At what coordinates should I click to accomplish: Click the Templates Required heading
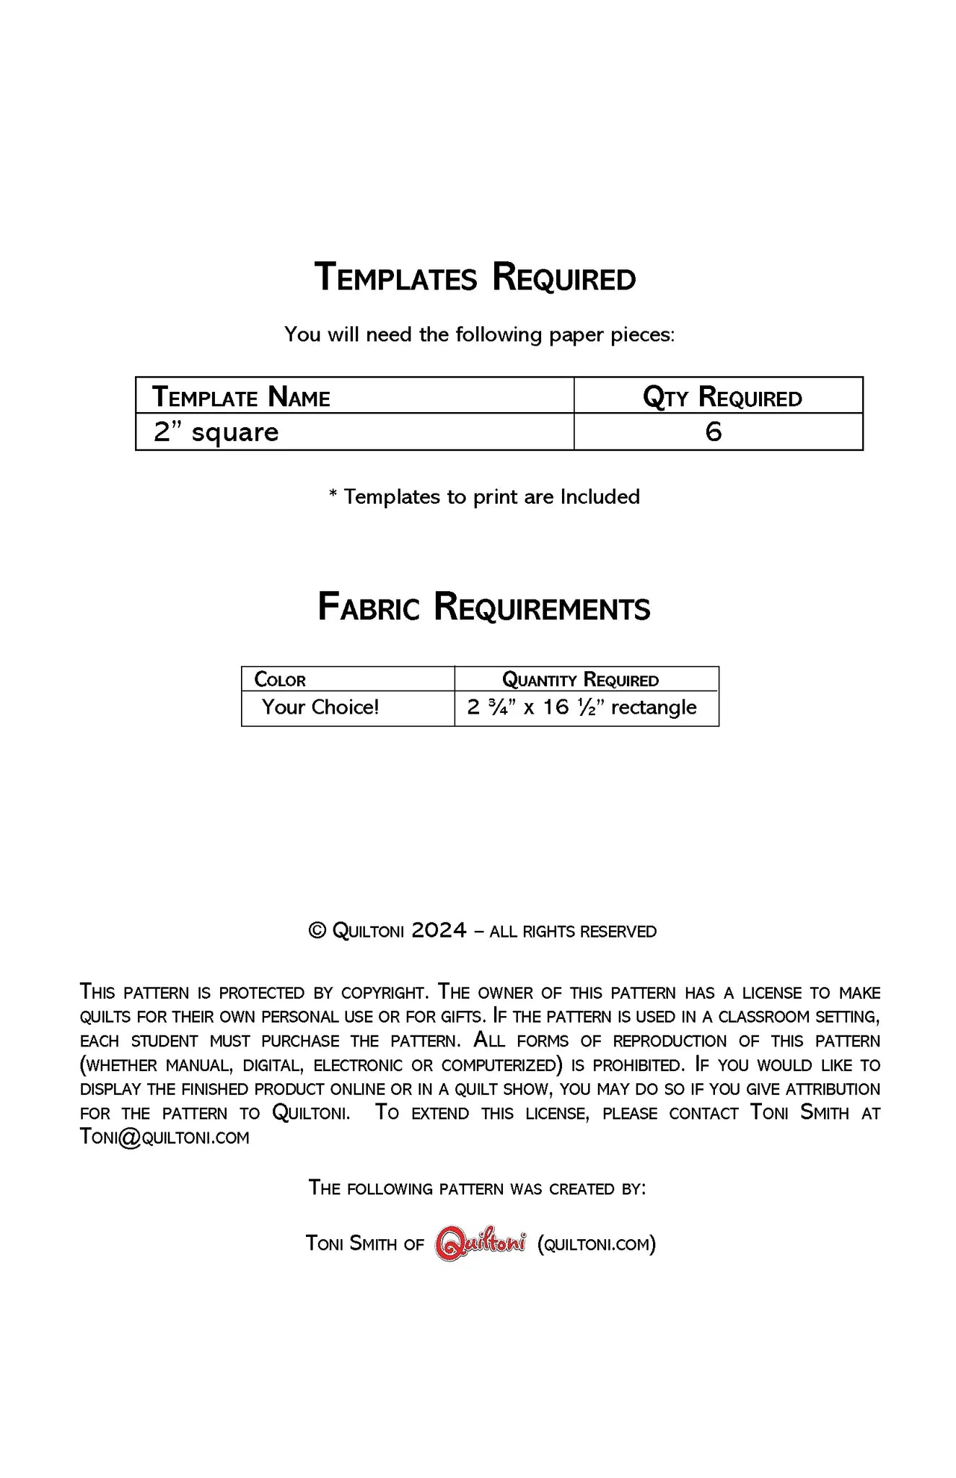pyautogui.click(x=475, y=278)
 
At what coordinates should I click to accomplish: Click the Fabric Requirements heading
pyautogui.click(x=483, y=608)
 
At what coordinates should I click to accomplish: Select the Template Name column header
pyautogui.click(x=241, y=397)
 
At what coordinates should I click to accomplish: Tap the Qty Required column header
pyautogui.click(x=722, y=397)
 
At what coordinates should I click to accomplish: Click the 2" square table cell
pyautogui.click(x=216, y=432)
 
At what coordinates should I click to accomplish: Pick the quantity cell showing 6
pyautogui.click(x=713, y=432)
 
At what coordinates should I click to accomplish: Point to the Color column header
pyautogui.click(x=280, y=680)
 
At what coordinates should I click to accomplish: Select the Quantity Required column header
pyautogui.click(x=580, y=680)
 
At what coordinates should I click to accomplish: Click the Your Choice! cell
pyautogui.click(x=320, y=707)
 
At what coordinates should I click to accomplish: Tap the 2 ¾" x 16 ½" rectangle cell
pyautogui.click(x=582, y=707)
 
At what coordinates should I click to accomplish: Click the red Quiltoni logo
pyautogui.click(x=481, y=1243)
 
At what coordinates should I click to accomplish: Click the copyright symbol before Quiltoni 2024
pyautogui.click(x=317, y=931)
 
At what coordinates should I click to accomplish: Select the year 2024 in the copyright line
pyautogui.click(x=439, y=931)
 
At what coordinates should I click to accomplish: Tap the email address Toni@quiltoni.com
pyautogui.click(x=165, y=1137)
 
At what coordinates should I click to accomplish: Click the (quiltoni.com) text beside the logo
pyautogui.click(x=597, y=1243)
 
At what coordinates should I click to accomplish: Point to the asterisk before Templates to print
pyautogui.click(x=333, y=495)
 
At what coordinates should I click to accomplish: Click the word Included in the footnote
pyautogui.click(x=600, y=497)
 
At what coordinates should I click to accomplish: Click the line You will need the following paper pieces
pyautogui.click(x=479, y=335)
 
